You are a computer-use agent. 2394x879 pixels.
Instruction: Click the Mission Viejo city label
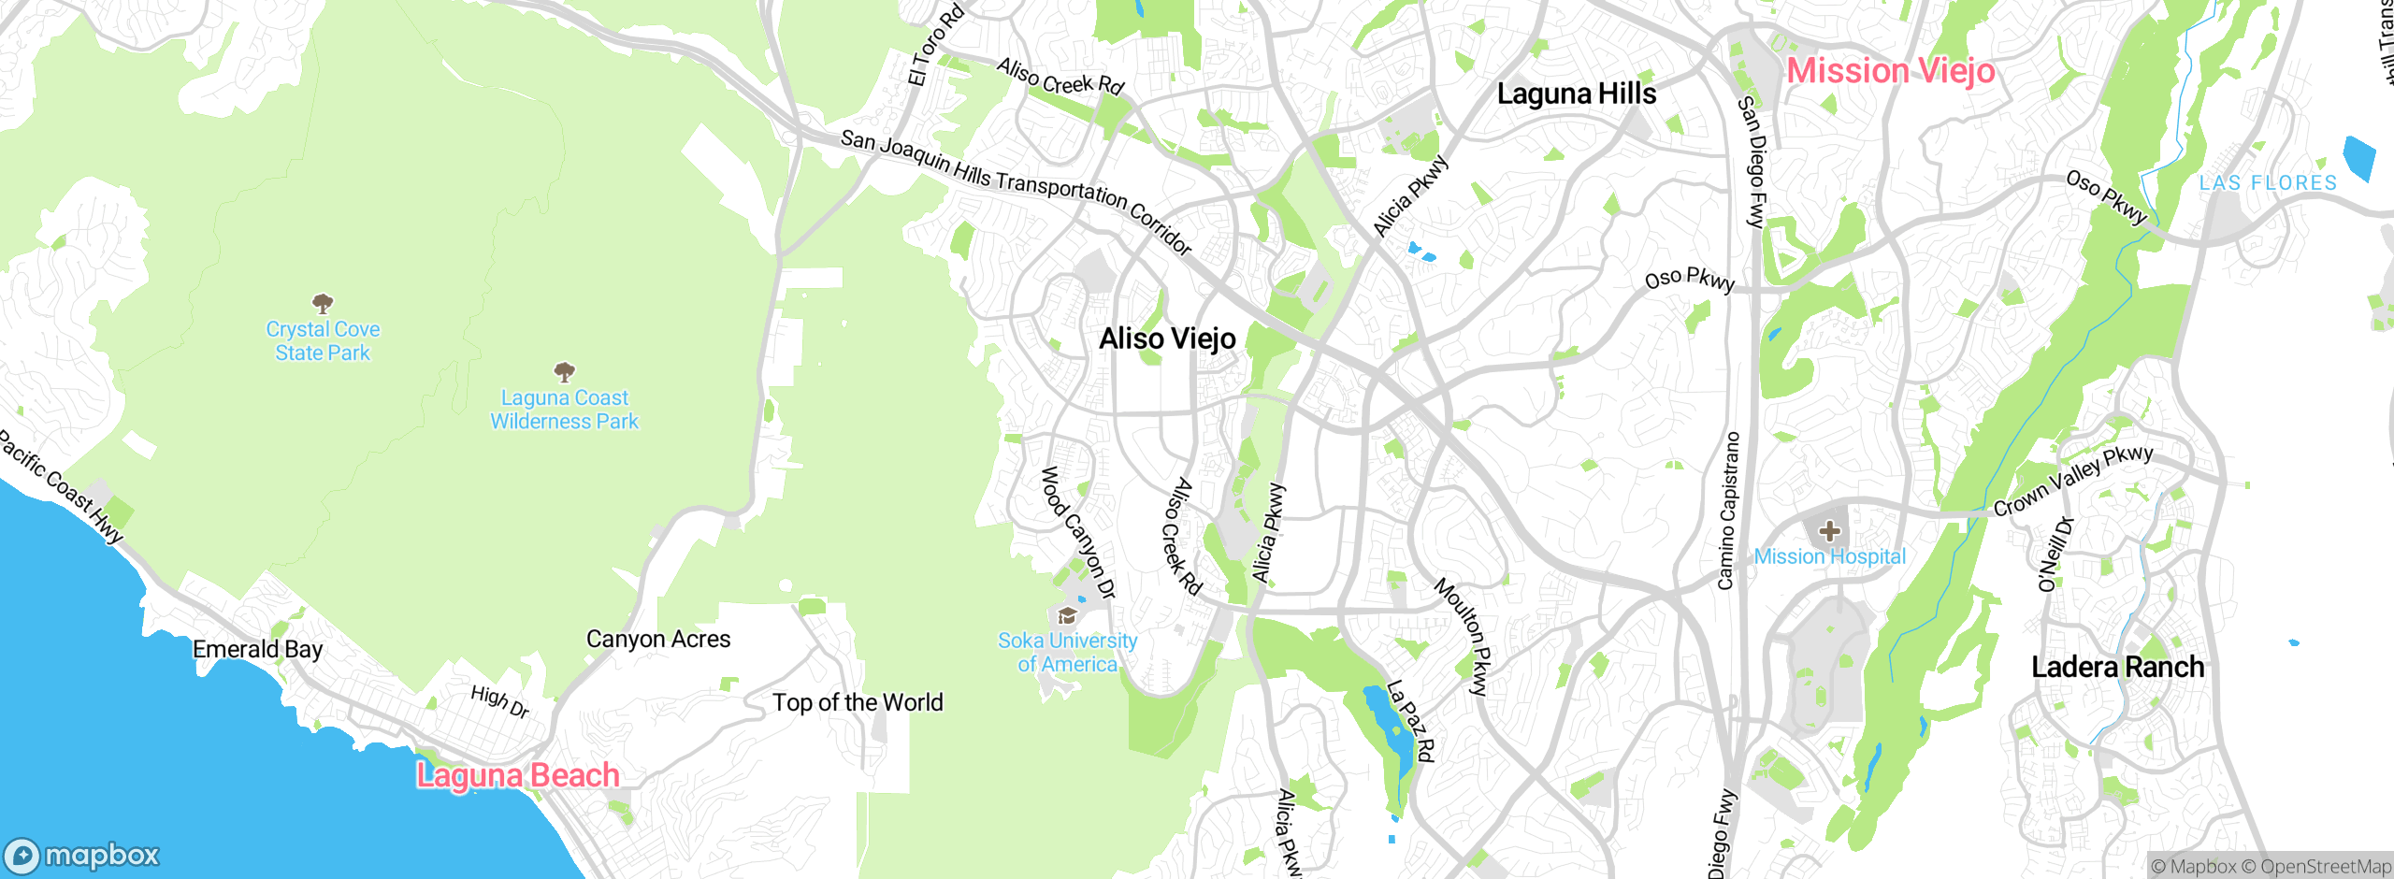point(1890,71)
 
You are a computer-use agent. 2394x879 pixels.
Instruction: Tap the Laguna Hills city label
point(1576,94)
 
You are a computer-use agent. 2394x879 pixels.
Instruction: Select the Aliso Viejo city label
point(1167,339)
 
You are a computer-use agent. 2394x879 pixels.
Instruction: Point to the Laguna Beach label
point(518,775)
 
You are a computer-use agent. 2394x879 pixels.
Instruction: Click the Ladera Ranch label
point(2117,667)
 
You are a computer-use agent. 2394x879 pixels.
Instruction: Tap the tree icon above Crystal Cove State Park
point(323,303)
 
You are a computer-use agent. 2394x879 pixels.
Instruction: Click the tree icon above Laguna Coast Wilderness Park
point(564,372)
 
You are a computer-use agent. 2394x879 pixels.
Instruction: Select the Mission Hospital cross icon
point(1829,532)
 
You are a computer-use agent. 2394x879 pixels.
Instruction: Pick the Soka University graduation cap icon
point(1067,615)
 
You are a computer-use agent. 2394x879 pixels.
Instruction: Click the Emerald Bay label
point(257,649)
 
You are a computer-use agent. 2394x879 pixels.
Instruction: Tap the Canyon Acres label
point(658,639)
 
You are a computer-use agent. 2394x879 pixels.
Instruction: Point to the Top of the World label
point(858,702)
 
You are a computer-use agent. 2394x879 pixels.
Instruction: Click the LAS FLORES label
point(2268,183)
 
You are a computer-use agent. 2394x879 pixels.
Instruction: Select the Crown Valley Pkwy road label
point(2072,481)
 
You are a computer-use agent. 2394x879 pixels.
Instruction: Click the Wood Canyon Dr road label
point(1078,532)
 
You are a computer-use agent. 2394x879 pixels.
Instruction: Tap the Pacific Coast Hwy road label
point(61,486)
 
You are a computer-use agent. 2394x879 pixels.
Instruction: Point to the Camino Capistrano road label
point(1728,511)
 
